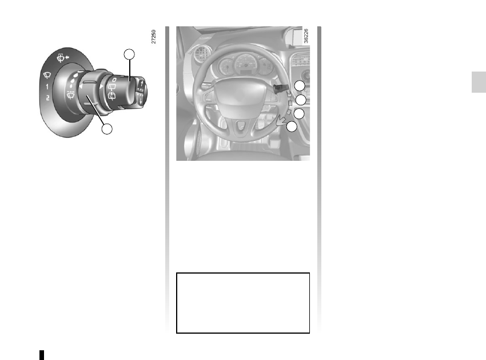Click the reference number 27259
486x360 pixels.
click(153, 37)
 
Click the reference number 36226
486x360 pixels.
click(306, 36)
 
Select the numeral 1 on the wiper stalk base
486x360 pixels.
click(47, 86)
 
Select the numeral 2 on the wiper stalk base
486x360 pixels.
click(47, 98)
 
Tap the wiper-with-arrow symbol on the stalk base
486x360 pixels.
click(63, 58)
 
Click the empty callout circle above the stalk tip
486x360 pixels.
click(129, 54)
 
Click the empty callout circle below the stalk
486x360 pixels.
click(107, 129)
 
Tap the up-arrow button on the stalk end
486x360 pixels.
click(141, 84)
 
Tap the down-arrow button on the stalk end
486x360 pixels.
click(141, 101)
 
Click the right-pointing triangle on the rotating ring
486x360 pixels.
click(101, 86)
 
